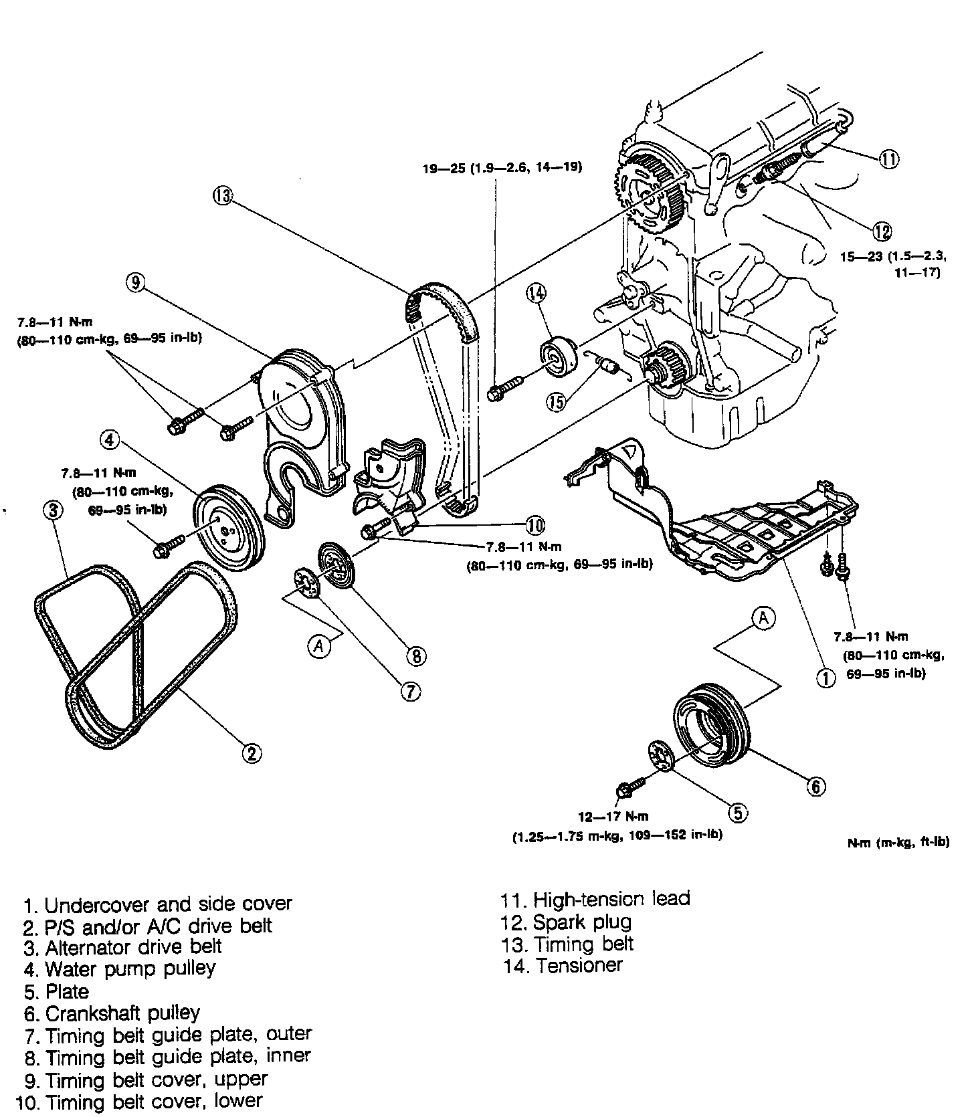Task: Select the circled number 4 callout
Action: pyautogui.click(x=110, y=439)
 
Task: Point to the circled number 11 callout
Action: pyautogui.click(x=889, y=159)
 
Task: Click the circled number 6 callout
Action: pyautogui.click(x=816, y=787)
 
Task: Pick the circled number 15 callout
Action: pyautogui.click(x=556, y=401)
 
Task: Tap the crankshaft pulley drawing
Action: pyautogui.click(x=709, y=726)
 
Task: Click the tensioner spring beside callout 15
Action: pyautogui.click(x=607, y=365)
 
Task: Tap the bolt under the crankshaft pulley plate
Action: pyautogui.click(x=627, y=789)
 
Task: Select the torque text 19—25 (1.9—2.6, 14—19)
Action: pyautogui.click(x=502, y=168)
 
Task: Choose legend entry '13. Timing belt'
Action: pyautogui.click(x=567, y=944)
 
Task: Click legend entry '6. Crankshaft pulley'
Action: pyautogui.click(x=112, y=1013)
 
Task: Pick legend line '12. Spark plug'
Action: pyautogui.click(x=566, y=922)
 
